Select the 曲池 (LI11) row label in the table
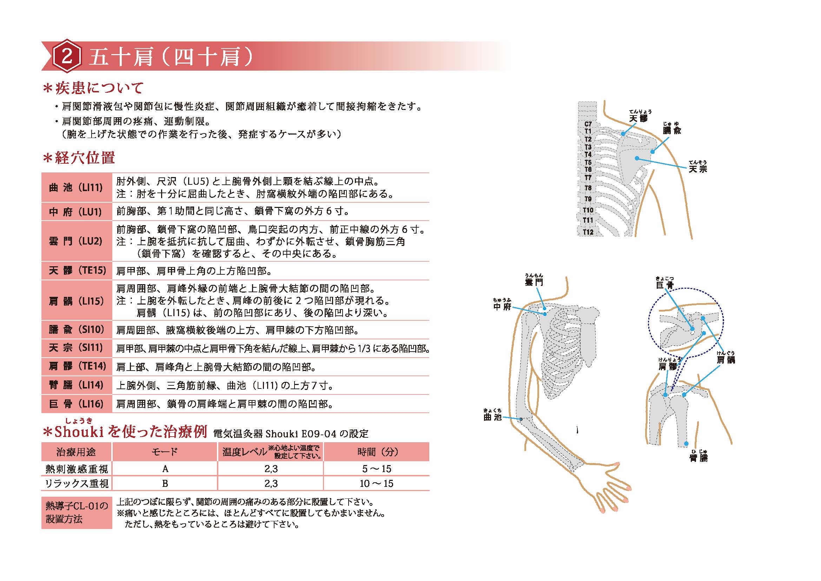click(76, 188)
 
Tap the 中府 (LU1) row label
click(76, 212)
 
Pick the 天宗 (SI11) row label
click(76, 348)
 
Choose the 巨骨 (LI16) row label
click(76, 404)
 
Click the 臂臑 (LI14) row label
click(76, 385)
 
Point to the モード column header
click(165, 452)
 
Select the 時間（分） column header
click(376, 452)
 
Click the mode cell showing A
click(165, 469)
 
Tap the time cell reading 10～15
click(376, 484)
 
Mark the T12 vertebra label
click(588, 232)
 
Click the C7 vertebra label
click(588, 124)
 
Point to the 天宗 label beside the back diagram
click(698, 169)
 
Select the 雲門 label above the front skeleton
click(534, 282)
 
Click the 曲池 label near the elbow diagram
click(492, 417)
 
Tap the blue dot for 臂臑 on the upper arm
click(686, 444)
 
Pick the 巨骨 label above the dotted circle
click(664, 285)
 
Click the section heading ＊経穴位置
click(79, 158)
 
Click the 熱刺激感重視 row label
click(77, 469)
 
